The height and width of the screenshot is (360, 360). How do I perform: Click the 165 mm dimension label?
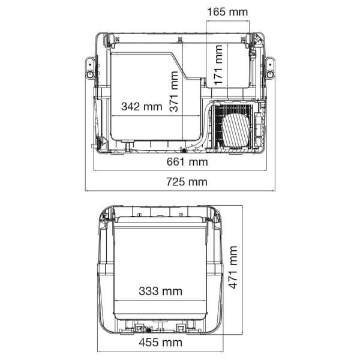pyautogui.click(x=227, y=12)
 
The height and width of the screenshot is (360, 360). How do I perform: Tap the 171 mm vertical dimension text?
pyautogui.click(x=218, y=65)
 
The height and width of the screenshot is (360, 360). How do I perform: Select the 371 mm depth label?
pyautogui.click(x=174, y=91)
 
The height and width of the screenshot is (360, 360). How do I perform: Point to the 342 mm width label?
pyautogui.click(x=142, y=107)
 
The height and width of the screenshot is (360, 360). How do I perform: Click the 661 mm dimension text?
pyautogui.click(x=187, y=162)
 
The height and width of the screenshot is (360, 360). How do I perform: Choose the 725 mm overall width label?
pyautogui.click(x=187, y=182)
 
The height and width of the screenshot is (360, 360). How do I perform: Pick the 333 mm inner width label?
pyautogui.click(x=160, y=291)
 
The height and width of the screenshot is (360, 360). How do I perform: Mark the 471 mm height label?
pyautogui.click(x=233, y=267)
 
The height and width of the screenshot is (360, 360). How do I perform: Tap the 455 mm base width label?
pyautogui.click(x=160, y=343)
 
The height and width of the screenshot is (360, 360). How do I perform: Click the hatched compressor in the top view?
pyautogui.click(x=236, y=130)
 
